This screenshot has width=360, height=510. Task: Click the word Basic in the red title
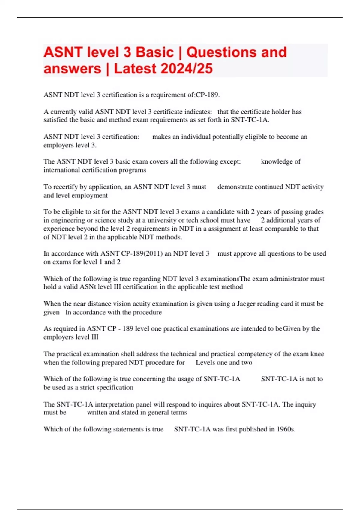155,52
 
